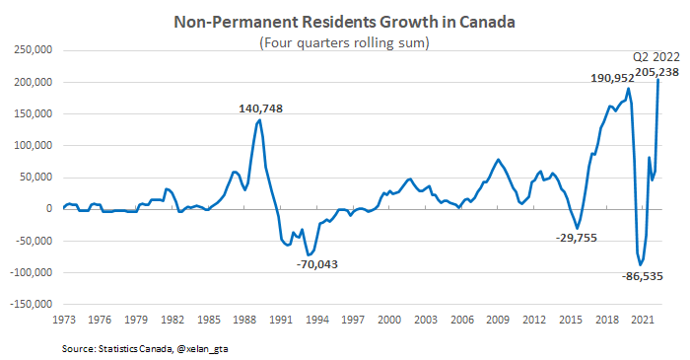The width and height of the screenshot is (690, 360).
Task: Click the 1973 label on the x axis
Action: (x=63, y=321)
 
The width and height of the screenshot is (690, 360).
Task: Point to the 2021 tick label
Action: (x=641, y=321)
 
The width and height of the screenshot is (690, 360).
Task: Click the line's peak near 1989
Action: (x=259, y=120)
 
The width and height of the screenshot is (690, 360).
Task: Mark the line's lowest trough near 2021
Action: (x=639, y=264)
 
